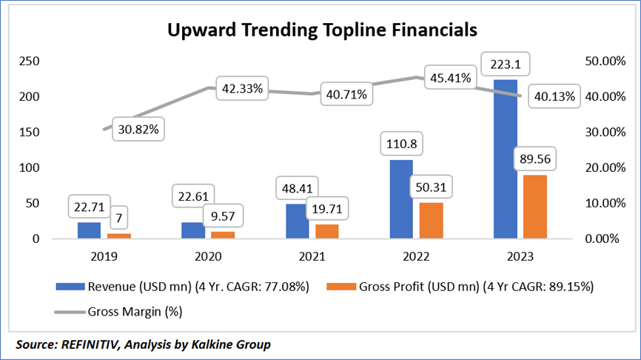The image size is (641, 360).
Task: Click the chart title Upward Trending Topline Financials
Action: tap(321, 30)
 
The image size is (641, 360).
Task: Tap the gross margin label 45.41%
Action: tap(449, 78)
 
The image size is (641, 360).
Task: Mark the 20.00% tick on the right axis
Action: tap(588, 168)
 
